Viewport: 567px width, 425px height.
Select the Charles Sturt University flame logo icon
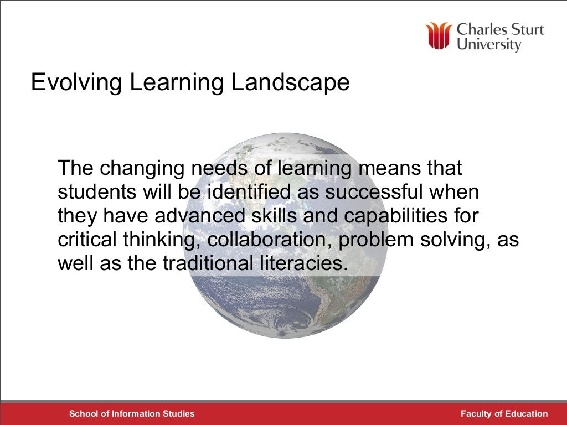coord(439,36)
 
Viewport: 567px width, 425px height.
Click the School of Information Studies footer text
coord(132,413)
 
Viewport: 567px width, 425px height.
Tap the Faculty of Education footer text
coord(504,413)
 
